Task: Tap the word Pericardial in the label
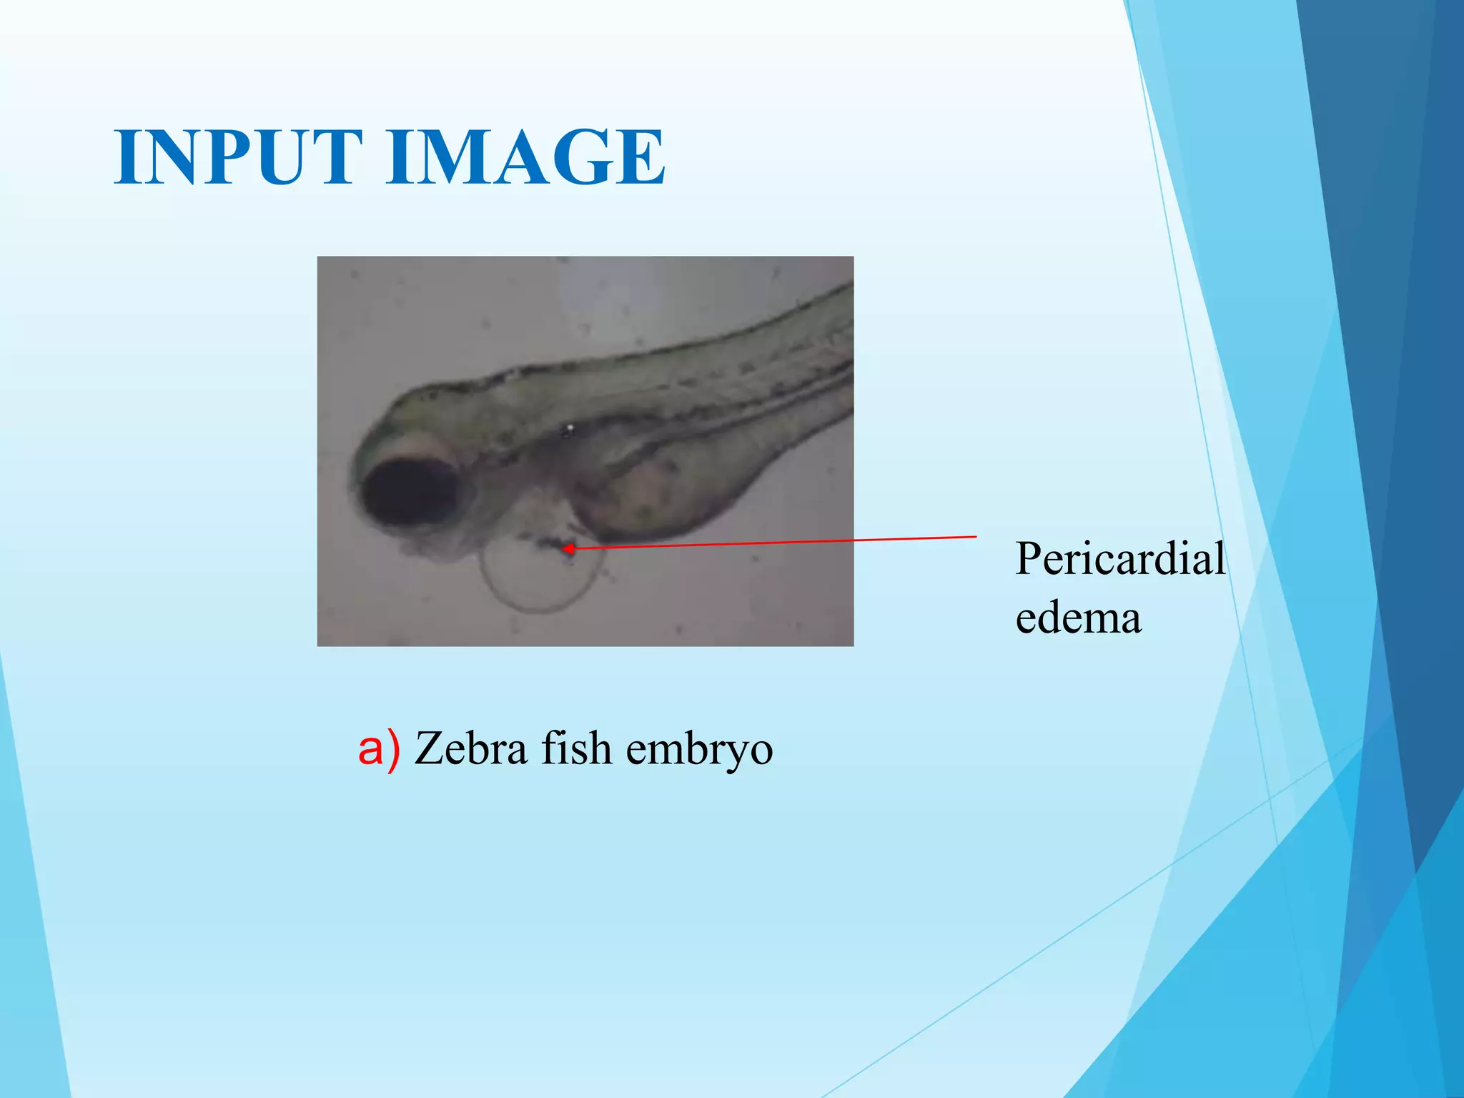[x=1120, y=559]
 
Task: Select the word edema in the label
[x=1078, y=618]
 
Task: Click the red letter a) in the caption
[x=378, y=748]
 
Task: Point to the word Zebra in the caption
[x=471, y=748]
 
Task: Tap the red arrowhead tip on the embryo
[x=565, y=548]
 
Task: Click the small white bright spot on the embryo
[x=570, y=429]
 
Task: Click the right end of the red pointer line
[x=975, y=536]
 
